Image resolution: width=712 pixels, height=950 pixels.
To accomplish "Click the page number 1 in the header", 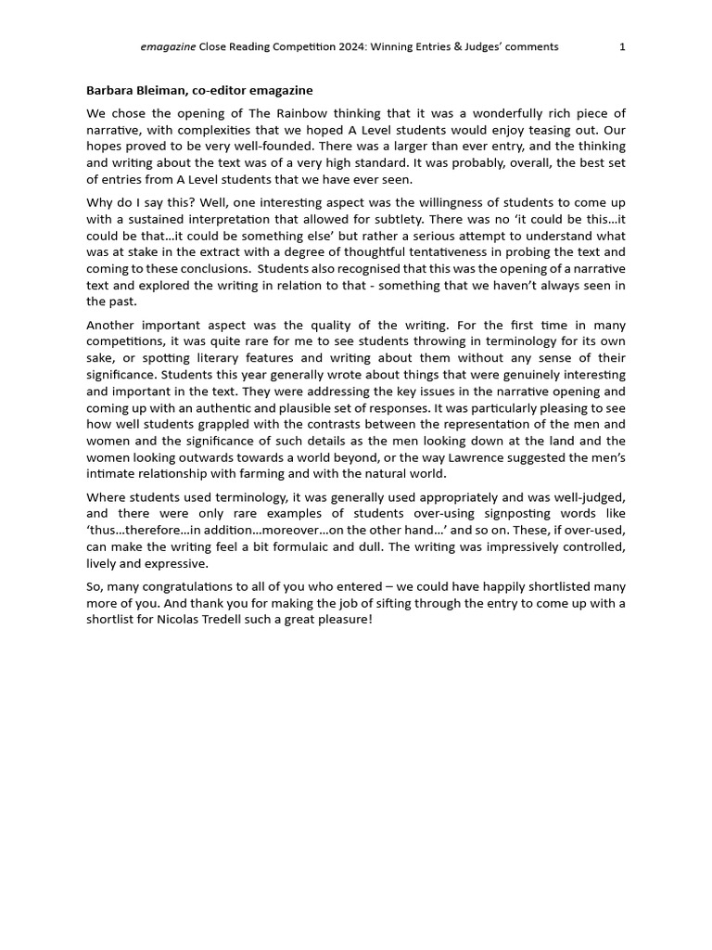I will pos(622,46).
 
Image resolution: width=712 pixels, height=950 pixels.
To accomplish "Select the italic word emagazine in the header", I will pos(168,46).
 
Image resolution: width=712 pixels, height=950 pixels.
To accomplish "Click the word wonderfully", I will pos(443,113).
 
